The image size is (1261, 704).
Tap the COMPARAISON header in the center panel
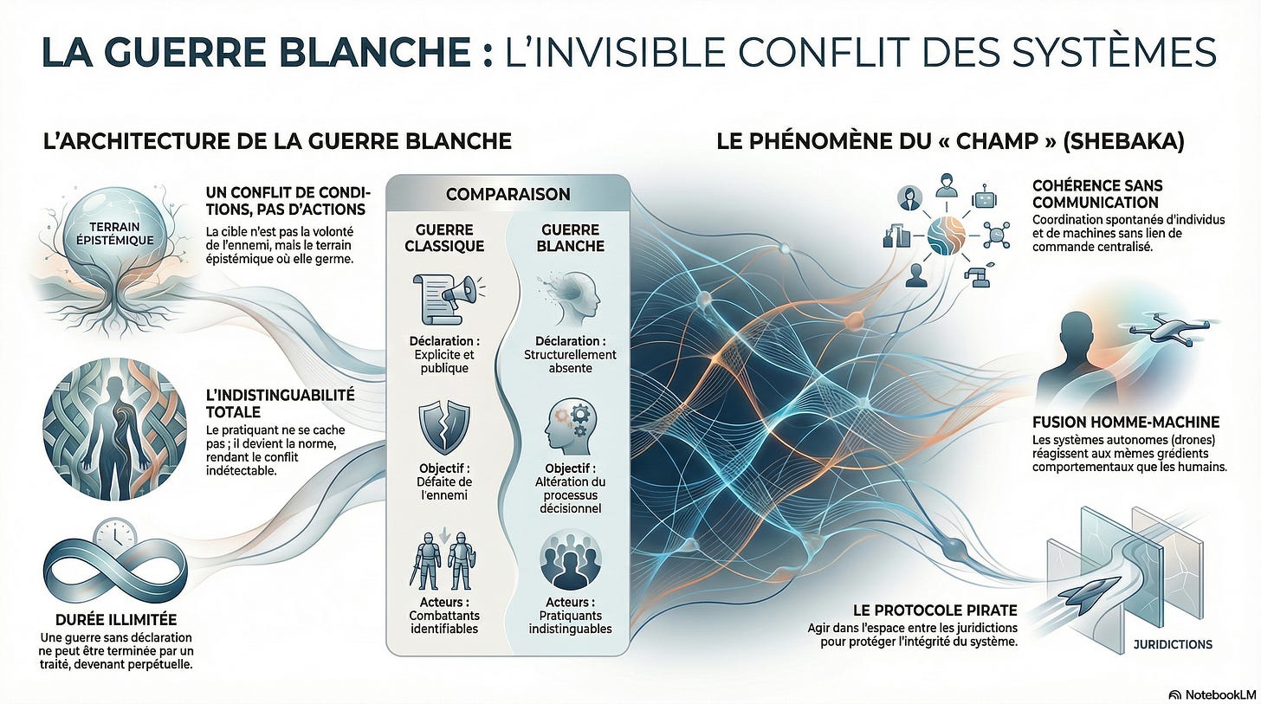tap(508, 194)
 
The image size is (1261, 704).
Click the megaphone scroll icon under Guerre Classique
tap(447, 298)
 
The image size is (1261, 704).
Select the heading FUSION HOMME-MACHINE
tap(1126, 423)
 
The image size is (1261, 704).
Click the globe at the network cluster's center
tap(947, 236)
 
